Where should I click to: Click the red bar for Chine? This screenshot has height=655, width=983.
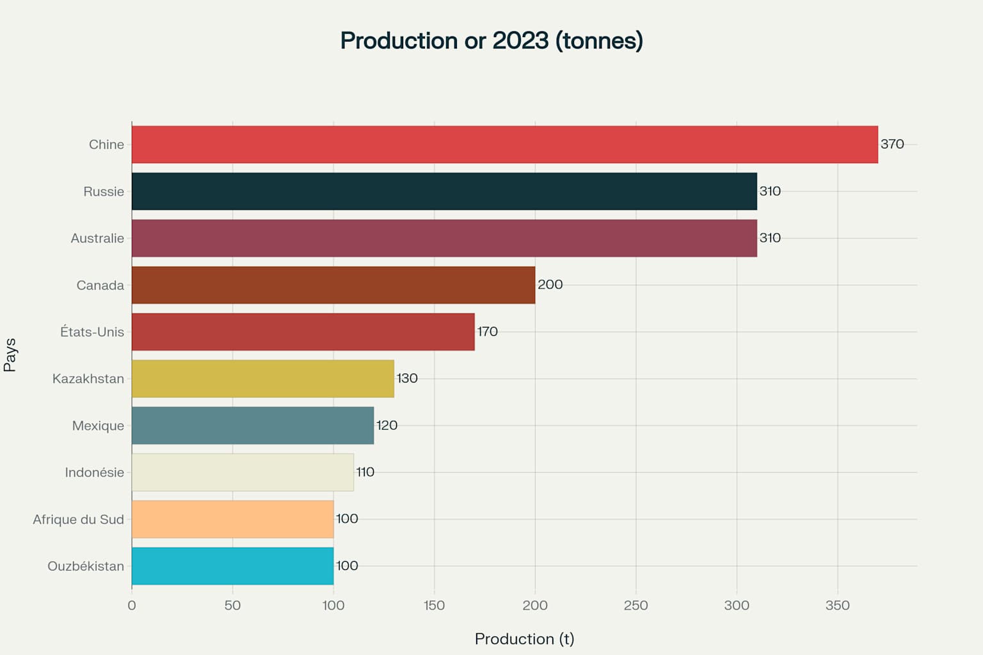[504, 145]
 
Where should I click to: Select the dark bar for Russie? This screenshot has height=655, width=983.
[444, 191]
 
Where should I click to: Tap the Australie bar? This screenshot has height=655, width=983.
[444, 238]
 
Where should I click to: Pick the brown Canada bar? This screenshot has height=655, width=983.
[333, 285]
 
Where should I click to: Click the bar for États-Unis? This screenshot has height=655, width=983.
[303, 332]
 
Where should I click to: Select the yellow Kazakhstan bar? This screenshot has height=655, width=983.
[262, 379]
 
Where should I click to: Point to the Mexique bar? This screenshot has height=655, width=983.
[252, 425]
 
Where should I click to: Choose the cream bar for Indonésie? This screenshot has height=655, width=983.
[243, 472]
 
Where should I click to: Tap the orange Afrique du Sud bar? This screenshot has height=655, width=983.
[232, 519]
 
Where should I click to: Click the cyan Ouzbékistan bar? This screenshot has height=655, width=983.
[232, 566]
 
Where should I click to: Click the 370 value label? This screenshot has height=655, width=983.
[892, 144]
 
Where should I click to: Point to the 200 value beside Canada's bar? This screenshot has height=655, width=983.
[550, 285]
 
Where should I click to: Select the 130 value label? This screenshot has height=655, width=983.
[407, 378]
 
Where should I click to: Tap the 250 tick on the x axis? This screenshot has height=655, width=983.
[635, 605]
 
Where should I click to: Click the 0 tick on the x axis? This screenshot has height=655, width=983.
[132, 605]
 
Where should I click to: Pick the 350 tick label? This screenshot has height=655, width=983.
[837, 605]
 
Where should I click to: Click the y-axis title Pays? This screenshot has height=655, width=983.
[10, 355]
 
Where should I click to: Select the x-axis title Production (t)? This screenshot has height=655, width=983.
[524, 639]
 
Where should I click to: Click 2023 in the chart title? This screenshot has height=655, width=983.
[520, 40]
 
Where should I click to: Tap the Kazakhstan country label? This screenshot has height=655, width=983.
[88, 379]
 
